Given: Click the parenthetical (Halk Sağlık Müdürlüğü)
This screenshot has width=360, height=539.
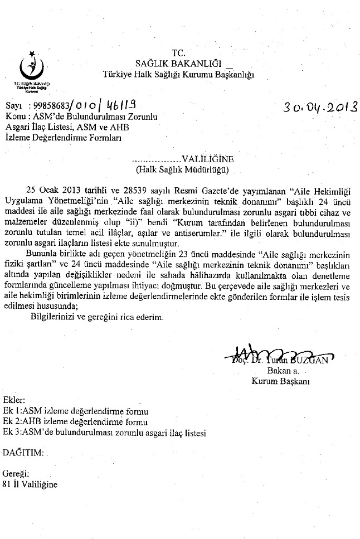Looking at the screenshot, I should pyautogui.click(x=182, y=168).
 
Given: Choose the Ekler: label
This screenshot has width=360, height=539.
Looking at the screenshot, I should pyautogui.click(x=14, y=401).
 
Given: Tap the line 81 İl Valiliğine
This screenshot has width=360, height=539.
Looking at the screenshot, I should pyautogui.click(x=30, y=484).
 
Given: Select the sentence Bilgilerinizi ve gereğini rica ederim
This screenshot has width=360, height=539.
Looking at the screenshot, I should pyautogui.click(x=97, y=316).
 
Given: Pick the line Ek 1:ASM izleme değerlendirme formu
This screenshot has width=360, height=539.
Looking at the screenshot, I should pyautogui.click(x=76, y=411).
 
